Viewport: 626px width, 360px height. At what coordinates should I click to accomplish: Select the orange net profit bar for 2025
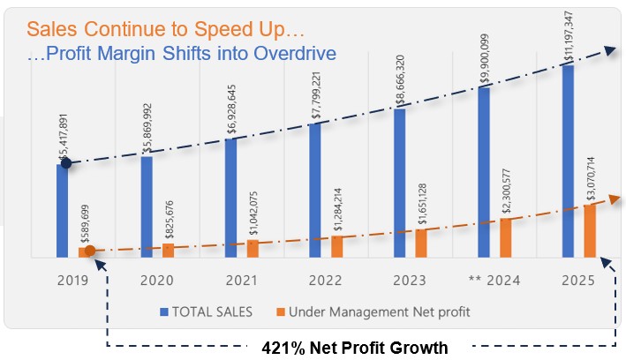point(590,231)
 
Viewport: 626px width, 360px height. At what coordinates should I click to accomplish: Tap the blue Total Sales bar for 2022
point(315,190)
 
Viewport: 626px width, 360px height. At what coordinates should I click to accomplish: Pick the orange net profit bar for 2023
point(421,243)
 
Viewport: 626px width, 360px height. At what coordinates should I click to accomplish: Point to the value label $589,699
point(85,227)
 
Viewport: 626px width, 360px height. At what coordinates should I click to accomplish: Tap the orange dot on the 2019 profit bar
point(89,251)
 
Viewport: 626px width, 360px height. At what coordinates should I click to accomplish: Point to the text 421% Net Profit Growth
point(355,348)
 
